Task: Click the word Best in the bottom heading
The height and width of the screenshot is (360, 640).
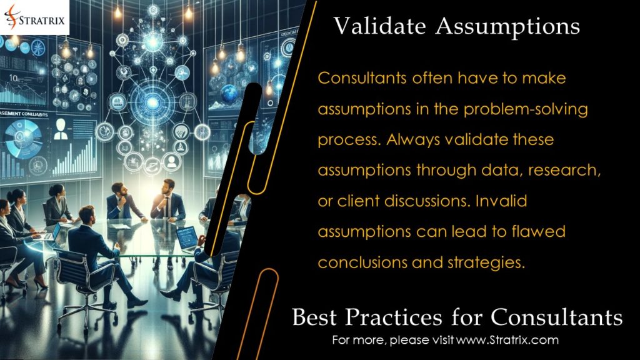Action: point(317,317)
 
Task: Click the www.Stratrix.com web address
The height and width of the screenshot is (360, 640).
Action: point(507,341)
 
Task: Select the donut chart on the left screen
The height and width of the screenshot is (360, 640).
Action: point(24,135)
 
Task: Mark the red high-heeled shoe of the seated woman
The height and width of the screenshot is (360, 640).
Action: point(40,284)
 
